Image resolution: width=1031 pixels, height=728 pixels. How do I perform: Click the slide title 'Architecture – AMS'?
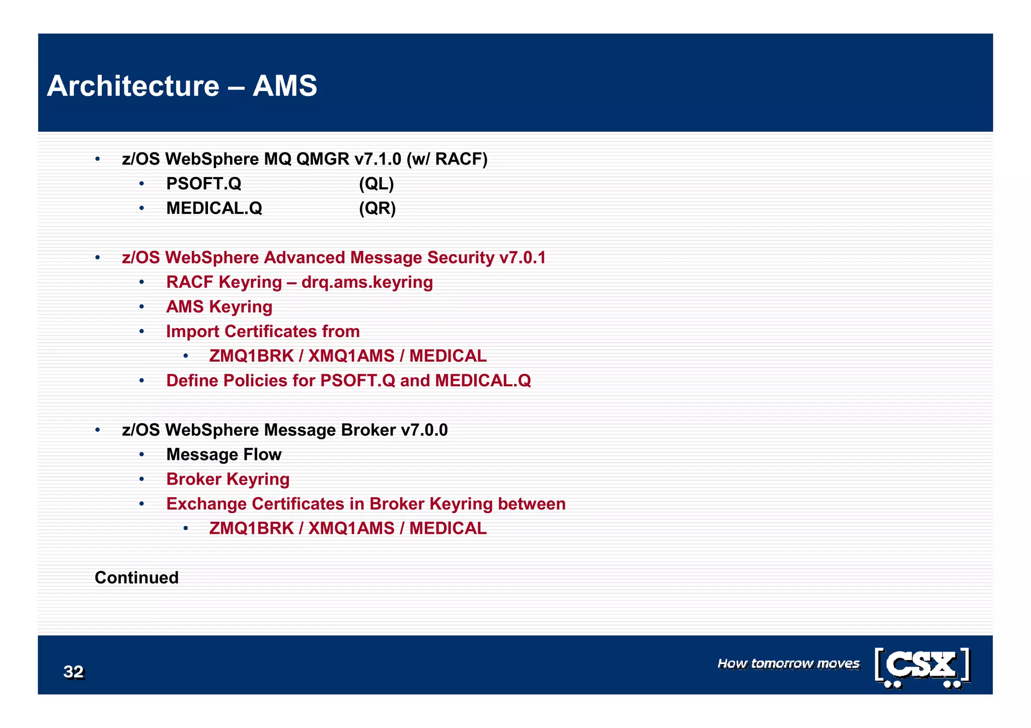click(182, 86)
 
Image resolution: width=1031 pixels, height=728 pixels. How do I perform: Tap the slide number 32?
click(73, 672)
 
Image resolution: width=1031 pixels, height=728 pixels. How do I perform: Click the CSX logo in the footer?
click(922, 667)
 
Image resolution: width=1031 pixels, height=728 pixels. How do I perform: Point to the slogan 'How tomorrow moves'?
click(788, 664)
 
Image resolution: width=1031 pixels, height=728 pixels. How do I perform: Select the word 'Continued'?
click(136, 578)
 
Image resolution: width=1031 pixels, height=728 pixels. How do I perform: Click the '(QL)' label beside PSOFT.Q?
click(376, 184)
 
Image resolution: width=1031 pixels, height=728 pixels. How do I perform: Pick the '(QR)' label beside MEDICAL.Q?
click(377, 208)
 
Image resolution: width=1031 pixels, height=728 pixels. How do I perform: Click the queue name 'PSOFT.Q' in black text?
click(204, 184)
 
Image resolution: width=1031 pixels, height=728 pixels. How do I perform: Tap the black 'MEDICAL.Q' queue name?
click(214, 208)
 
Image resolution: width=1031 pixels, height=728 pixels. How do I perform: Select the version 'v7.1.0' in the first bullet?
click(378, 159)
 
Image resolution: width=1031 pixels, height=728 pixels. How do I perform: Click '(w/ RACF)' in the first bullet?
click(447, 159)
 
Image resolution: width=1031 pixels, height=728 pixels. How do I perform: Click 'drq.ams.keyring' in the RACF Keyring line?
click(367, 282)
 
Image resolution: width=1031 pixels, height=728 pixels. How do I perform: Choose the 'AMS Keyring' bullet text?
click(219, 307)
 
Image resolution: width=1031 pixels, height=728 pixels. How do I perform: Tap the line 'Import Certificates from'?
click(263, 332)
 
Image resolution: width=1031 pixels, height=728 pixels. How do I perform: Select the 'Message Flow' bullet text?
click(224, 455)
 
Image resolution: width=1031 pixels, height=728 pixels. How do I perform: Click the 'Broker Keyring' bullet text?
click(228, 479)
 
